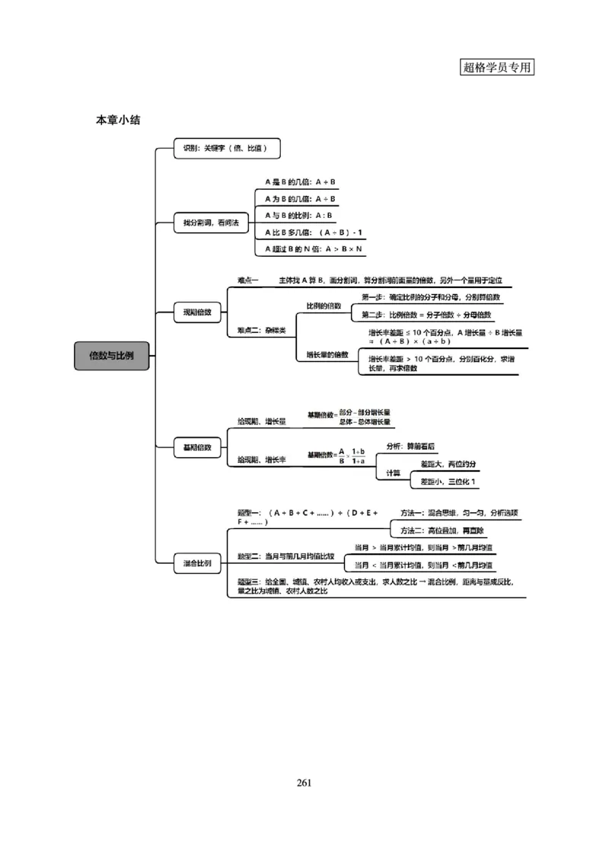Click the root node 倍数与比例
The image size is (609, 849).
pos(111,356)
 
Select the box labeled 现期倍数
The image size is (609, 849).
pos(197,312)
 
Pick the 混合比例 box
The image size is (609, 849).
pos(197,565)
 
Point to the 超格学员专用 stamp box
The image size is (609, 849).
pos(497,66)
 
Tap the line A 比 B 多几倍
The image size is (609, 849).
pos(313,232)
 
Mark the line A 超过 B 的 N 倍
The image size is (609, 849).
pos(313,249)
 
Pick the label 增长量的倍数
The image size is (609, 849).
pos(327,354)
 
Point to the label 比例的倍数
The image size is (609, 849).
pos(324,306)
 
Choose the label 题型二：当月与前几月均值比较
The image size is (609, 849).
pos(285,556)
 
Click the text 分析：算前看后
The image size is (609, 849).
pos(411,447)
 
